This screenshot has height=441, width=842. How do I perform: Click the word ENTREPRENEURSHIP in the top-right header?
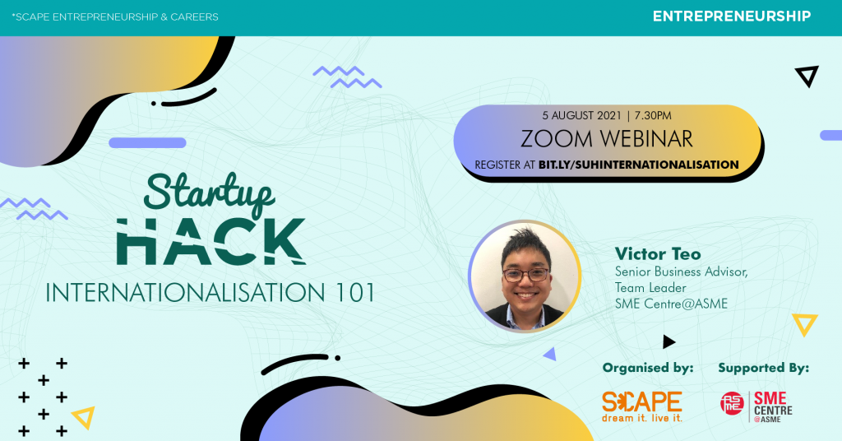(732, 16)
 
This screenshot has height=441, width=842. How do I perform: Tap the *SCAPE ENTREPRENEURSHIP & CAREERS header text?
(115, 16)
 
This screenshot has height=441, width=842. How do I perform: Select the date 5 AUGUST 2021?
(581, 115)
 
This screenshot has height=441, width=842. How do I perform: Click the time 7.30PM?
(653, 115)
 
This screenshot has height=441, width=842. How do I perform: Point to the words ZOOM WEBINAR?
(607, 138)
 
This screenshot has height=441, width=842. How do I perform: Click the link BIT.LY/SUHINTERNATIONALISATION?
(638, 165)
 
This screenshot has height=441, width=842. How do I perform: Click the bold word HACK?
(211, 242)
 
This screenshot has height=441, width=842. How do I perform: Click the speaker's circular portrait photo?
(525, 276)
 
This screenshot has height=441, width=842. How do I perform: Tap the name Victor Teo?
(658, 253)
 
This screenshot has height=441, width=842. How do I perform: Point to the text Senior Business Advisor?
(681, 272)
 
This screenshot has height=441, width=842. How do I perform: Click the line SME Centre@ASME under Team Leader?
(671, 304)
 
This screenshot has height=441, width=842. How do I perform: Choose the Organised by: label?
(648, 368)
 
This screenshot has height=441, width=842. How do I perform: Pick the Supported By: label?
(764, 368)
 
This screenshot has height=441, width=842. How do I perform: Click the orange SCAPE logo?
(642, 406)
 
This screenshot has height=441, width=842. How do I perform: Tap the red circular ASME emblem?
(732, 403)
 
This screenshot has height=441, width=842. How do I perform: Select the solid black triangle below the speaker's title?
(668, 341)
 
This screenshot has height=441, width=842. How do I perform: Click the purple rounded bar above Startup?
(147, 143)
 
